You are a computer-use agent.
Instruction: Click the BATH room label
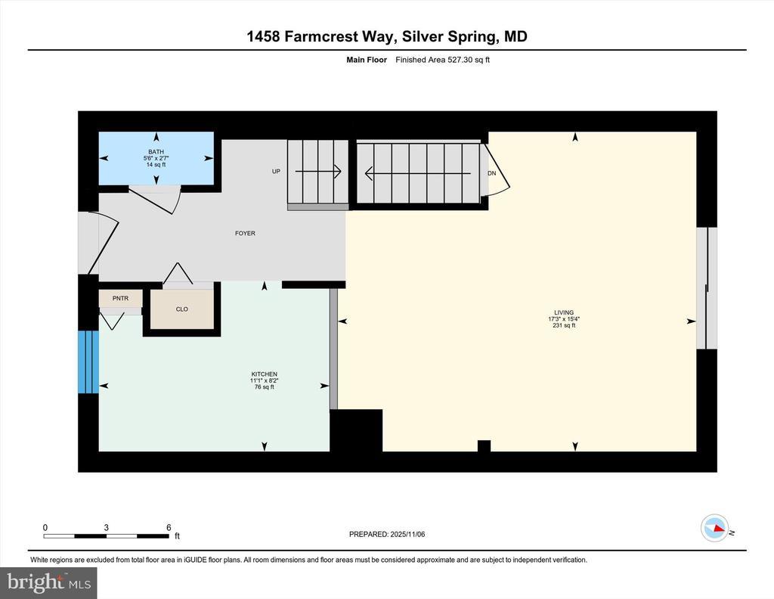click(x=156, y=151)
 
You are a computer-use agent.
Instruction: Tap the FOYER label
click(x=245, y=233)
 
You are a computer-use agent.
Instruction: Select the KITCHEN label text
click(x=264, y=374)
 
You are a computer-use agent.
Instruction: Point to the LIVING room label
click(x=564, y=312)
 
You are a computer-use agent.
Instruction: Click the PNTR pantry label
click(x=120, y=298)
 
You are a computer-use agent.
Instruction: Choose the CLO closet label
click(x=181, y=309)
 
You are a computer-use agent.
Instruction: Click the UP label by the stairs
click(x=276, y=172)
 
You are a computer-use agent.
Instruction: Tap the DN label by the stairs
click(x=491, y=173)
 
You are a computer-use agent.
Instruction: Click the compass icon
click(x=715, y=528)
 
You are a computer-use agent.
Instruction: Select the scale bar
click(x=106, y=535)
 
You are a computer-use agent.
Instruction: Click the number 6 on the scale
click(x=169, y=527)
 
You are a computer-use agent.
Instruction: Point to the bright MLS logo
click(x=48, y=582)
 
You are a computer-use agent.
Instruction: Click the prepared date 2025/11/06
click(x=407, y=534)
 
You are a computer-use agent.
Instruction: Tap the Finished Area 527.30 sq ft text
click(x=442, y=60)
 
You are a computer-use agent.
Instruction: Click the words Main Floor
click(x=367, y=60)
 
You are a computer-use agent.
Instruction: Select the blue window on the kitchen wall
click(x=88, y=362)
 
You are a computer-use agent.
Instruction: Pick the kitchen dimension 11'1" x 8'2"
click(x=264, y=380)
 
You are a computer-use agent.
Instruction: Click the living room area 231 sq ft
click(x=564, y=325)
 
